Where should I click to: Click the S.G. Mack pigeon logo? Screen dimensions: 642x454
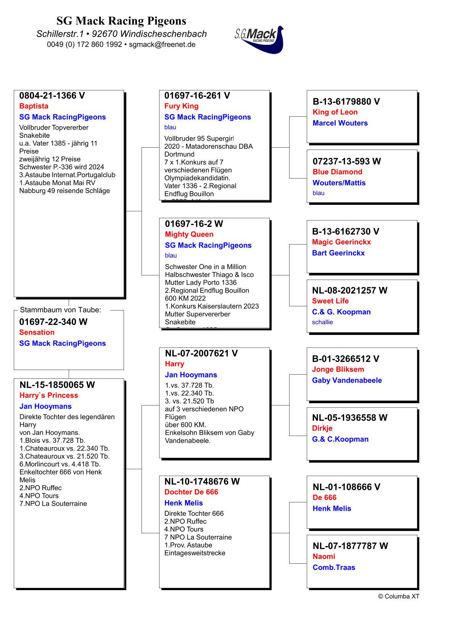pos(259,39)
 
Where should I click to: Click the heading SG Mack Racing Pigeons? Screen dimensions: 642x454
pos(121,21)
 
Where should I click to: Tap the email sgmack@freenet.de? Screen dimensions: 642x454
pos(162,44)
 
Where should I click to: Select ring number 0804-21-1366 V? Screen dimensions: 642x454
pos(52,96)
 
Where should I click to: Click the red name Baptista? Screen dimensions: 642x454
pos(34,106)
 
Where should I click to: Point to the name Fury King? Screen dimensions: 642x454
pos(181,106)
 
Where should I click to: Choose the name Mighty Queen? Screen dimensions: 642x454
pos(189,234)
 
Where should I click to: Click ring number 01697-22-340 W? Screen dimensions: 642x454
pos(53,322)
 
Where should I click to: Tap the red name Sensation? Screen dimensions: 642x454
pos(37,332)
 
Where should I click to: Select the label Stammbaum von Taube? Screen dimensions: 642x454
pos(60,310)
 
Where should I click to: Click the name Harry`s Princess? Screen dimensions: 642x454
pos(48,395)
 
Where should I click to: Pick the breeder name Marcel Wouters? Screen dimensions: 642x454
pos(340,123)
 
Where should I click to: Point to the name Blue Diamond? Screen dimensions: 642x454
pos(337,172)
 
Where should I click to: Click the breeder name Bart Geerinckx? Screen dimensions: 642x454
pos(338,253)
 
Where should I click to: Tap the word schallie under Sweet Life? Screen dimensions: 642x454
pos(322,322)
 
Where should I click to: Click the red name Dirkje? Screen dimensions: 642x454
pos(322,428)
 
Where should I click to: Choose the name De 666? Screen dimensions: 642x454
pos(324,497)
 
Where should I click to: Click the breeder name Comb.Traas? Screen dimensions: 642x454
pos(334,567)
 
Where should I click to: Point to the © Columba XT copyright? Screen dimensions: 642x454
pos(398,596)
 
